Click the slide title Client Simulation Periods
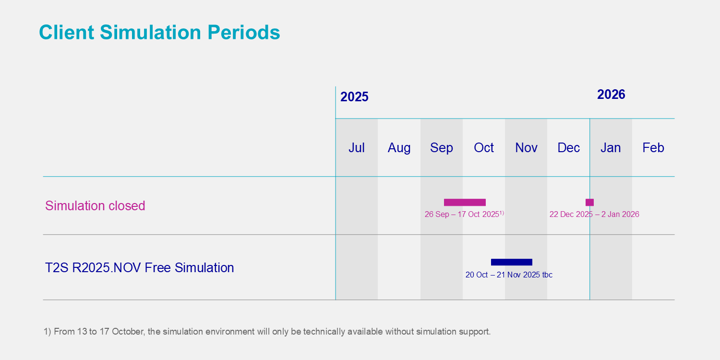coord(159,33)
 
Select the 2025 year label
coord(354,97)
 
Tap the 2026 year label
coord(611,95)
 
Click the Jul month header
coord(357,148)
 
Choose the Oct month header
coord(484,148)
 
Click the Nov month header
coord(526,148)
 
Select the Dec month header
coord(569,148)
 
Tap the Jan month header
coord(611,148)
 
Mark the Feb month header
coord(653,148)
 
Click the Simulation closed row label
coord(95,206)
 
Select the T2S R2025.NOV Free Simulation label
coord(140,268)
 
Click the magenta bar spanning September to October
coord(465,202)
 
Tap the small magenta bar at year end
coord(589,202)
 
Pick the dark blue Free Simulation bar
coord(512,262)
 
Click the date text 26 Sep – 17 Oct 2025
coord(462,215)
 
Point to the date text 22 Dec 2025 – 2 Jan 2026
coord(594,215)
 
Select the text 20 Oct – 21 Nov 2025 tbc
coord(509,275)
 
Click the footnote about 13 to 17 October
coord(267,332)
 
